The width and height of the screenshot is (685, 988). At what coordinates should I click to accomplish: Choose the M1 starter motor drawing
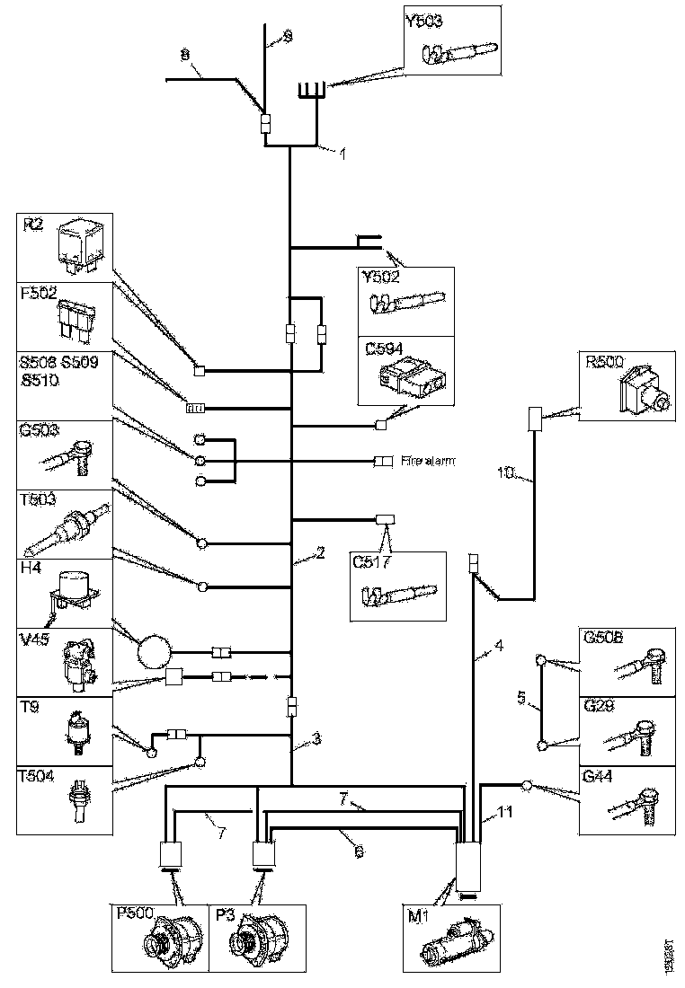[x=455, y=944]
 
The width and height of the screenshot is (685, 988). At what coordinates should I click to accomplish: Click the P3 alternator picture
[x=251, y=942]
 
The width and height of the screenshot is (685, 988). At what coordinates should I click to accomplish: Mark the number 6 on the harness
[x=358, y=851]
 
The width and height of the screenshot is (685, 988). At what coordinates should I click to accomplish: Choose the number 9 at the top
[x=287, y=36]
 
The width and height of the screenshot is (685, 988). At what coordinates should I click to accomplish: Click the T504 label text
[x=39, y=774]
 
